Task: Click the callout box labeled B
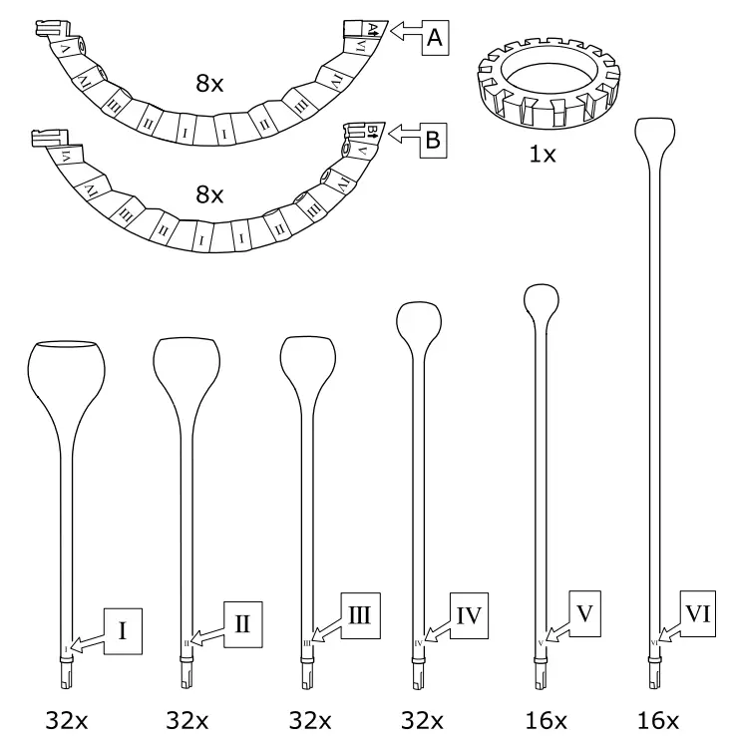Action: [x=433, y=141]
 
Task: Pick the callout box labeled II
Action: [x=242, y=624]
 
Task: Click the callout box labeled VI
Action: [x=699, y=609]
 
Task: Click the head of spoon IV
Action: [x=420, y=322]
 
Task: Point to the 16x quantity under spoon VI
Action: [x=659, y=720]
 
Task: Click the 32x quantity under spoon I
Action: [x=66, y=720]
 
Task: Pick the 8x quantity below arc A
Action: [x=210, y=86]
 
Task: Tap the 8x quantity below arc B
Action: [x=210, y=196]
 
